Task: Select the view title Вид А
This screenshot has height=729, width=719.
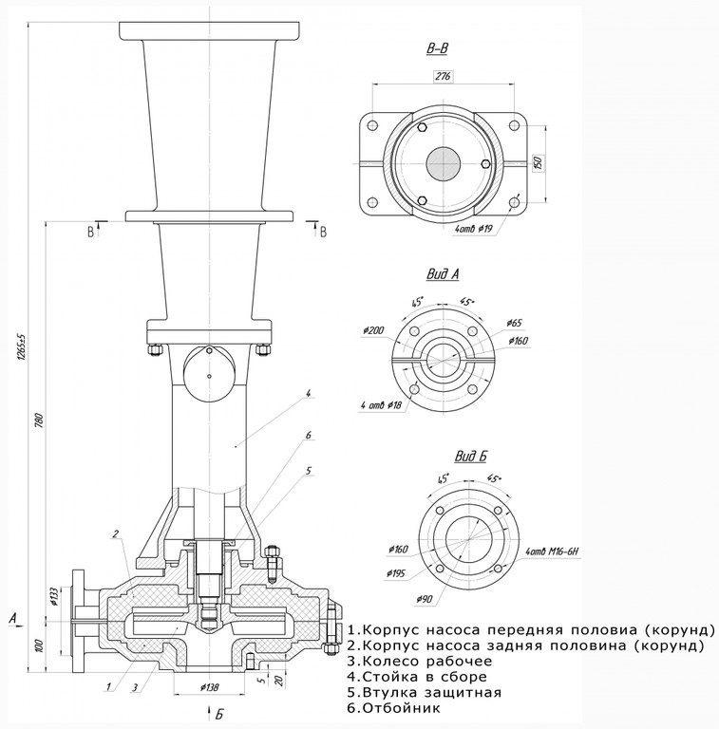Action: pos(443,275)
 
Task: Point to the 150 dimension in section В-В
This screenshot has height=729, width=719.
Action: pos(538,161)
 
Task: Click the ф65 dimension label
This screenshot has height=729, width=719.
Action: pos(515,323)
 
